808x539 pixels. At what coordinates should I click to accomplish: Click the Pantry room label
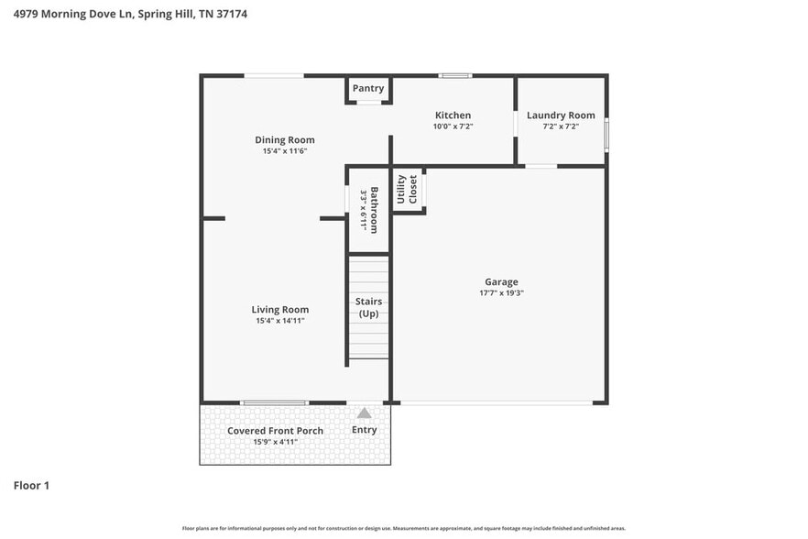(368, 89)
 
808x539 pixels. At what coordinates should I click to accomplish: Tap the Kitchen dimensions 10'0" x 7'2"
(453, 126)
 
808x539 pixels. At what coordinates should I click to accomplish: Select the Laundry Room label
(561, 115)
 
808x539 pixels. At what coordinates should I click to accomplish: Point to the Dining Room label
(284, 140)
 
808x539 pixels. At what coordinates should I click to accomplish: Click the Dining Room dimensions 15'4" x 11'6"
(284, 151)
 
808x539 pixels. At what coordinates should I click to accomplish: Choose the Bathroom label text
(374, 209)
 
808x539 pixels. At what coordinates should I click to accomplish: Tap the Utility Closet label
(407, 189)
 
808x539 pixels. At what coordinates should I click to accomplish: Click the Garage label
(501, 282)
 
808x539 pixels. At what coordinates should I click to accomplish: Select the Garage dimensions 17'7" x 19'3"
(501, 293)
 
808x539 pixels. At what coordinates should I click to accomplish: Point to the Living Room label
(280, 310)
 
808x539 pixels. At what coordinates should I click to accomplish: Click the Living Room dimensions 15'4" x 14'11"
(280, 321)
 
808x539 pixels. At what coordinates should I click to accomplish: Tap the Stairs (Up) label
(368, 307)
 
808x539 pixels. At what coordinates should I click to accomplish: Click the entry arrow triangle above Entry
(365, 413)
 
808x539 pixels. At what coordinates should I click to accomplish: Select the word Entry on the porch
(365, 430)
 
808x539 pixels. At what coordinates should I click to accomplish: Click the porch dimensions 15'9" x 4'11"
(275, 442)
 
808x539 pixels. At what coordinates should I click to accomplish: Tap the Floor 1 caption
(31, 485)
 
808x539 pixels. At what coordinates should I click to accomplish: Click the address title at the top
(129, 15)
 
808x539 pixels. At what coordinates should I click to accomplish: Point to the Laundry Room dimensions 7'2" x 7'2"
(561, 126)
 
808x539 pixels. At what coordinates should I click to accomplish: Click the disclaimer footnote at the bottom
(403, 528)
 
